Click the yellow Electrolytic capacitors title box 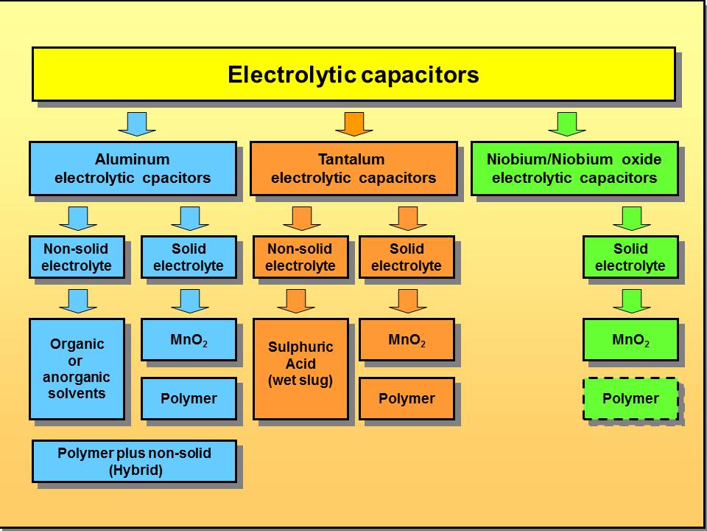(353, 74)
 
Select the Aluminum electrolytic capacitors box (133, 169)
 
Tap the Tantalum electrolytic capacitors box (353, 169)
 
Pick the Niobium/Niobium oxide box (574, 169)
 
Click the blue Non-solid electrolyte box (77, 257)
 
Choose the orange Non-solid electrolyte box (300, 257)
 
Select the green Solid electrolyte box (630, 257)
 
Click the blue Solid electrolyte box (189, 257)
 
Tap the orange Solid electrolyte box (407, 257)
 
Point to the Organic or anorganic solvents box (77, 369)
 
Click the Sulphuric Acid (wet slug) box (300, 369)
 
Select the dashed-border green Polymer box (630, 399)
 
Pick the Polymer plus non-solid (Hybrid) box (134, 462)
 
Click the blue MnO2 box (189, 340)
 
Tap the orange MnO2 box (407, 340)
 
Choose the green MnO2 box (630, 340)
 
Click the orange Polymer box (407, 399)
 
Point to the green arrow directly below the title (567, 123)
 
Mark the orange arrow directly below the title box (354, 123)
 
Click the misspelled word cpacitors (180, 178)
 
